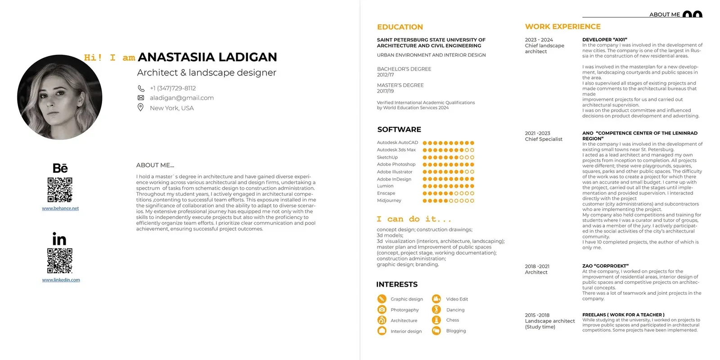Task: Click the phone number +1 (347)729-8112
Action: pyautogui.click(x=173, y=88)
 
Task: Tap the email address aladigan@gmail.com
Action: pyautogui.click(x=182, y=98)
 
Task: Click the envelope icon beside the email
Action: pyautogui.click(x=141, y=98)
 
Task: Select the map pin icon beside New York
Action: pyautogui.click(x=140, y=108)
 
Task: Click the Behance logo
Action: pyautogui.click(x=60, y=168)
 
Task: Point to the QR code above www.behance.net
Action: pyautogui.click(x=60, y=189)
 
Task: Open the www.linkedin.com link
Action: pyautogui.click(x=61, y=280)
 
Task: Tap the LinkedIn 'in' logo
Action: pyautogui.click(x=59, y=239)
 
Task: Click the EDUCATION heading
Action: pyautogui.click(x=400, y=27)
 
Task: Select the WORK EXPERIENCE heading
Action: pyautogui.click(x=562, y=27)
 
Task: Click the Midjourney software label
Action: pyautogui.click(x=389, y=201)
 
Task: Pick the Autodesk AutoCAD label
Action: pyautogui.click(x=397, y=143)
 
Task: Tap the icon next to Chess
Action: pyautogui.click(x=436, y=320)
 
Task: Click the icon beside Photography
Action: pyautogui.click(x=382, y=310)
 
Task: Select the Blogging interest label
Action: pyautogui.click(x=456, y=331)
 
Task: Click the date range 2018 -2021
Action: pyautogui.click(x=537, y=266)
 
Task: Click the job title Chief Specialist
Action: pyautogui.click(x=544, y=139)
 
